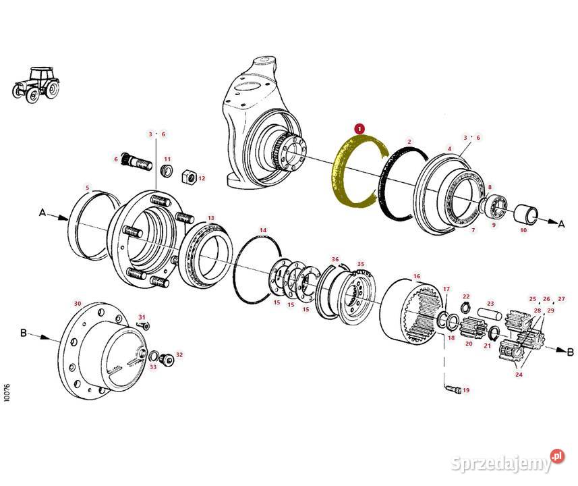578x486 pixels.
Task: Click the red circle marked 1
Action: pos(359,129)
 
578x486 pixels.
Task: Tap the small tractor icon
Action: pos(36,84)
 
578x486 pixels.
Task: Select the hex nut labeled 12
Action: pos(189,176)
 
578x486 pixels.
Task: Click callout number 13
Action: pos(211,218)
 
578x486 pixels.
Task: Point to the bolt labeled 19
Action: pos(453,389)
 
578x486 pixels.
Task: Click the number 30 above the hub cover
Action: pos(78,303)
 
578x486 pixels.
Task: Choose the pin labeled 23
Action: pos(490,314)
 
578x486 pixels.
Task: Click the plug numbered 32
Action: pos(167,359)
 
